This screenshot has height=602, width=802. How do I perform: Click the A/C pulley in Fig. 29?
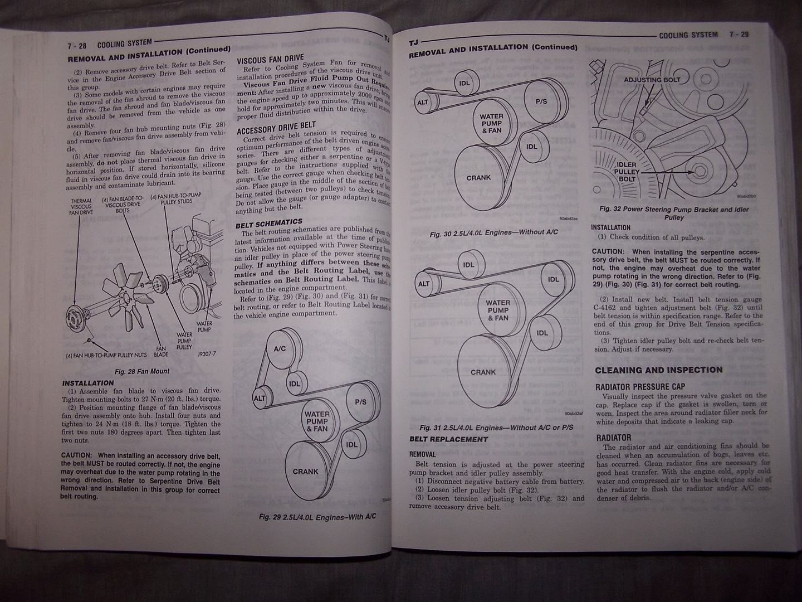pyautogui.click(x=280, y=349)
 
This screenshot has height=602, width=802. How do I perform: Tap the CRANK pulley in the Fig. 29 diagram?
pyautogui.click(x=306, y=472)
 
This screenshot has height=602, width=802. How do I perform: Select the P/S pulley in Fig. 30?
pyautogui.click(x=541, y=101)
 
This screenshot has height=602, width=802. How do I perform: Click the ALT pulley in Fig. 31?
pyautogui.click(x=424, y=284)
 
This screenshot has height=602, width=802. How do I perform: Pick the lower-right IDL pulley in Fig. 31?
pyautogui.click(x=542, y=333)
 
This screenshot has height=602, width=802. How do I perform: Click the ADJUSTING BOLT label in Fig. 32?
pyautogui.click(x=651, y=80)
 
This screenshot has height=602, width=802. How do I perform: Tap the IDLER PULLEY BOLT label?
pyautogui.click(x=627, y=172)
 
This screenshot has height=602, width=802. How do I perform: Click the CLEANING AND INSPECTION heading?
pyautogui.click(x=658, y=370)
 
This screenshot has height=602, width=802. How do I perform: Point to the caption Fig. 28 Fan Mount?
pyautogui.click(x=142, y=371)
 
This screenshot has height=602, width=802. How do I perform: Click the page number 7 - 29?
pyautogui.click(x=739, y=35)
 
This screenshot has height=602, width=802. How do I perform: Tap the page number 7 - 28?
pyautogui.click(x=76, y=46)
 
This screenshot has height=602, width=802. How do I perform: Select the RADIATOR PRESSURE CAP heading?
pyautogui.click(x=640, y=387)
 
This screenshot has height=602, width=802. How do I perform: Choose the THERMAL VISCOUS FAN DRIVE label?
pyautogui.click(x=81, y=207)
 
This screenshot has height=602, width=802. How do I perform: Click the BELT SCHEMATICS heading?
pyautogui.click(x=268, y=224)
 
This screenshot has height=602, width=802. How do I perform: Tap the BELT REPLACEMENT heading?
pyautogui.click(x=448, y=439)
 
